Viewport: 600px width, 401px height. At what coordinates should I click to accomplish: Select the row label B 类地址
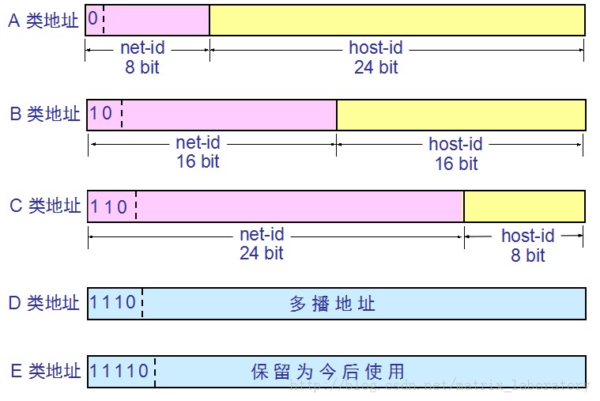coord(44,114)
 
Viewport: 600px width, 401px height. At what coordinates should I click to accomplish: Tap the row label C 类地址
coord(44,206)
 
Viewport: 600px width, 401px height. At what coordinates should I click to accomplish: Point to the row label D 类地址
coord(44,303)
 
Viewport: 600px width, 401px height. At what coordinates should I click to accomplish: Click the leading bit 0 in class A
coord(93,19)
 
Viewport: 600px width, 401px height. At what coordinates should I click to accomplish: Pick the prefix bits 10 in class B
coord(101,113)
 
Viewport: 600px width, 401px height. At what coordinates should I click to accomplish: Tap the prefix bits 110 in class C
coord(109,206)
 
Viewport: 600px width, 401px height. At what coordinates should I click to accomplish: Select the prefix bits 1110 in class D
coord(114,302)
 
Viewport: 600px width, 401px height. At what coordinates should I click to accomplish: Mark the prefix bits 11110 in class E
coord(119,370)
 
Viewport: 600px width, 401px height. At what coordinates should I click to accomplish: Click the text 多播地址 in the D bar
coord(332,304)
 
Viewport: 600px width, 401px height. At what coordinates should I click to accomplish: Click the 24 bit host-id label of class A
coord(375,57)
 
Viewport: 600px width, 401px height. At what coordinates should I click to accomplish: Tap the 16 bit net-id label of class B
coord(197,152)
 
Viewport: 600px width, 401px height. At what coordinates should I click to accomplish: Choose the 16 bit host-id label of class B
coord(456,154)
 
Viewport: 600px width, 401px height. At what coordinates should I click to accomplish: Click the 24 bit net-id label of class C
coord(261,244)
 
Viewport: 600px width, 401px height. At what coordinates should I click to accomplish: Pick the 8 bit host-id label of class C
coord(526,245)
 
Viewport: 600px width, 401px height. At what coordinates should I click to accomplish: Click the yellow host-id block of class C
coord(524,206)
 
